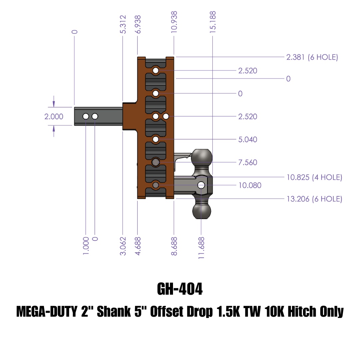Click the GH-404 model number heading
pos(180,289)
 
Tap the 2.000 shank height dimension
pos(54,117)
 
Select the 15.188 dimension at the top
pos(213,22)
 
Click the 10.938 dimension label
pos(174,22)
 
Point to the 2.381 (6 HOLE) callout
pos(312,57)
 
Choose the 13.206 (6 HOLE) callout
pos(314,199)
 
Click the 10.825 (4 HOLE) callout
pos(314,177)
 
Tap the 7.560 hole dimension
pos(247,163)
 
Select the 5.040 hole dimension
pos(247,140)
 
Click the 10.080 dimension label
pos(250,185)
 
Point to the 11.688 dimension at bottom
pos(201,248)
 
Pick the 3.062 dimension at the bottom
pos(123,246)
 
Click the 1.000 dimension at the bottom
pos(86,246)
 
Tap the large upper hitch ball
pos(202,157)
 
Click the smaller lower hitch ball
pos(202,211)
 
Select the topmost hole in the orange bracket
pos(156,70)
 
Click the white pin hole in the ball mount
pos(201,185)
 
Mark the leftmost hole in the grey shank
pos(86,116)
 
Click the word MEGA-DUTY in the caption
pos(46,312)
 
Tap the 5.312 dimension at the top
pos(123,24)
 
